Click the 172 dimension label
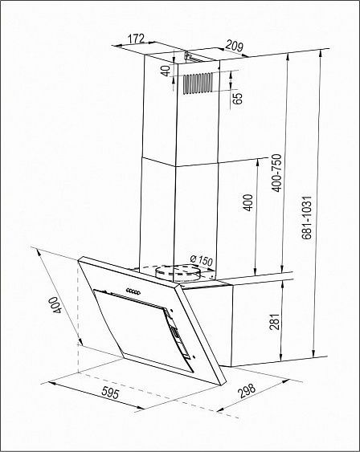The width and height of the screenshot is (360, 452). (x=136, y=39)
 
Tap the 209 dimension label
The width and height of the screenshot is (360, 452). (x=234, y=46)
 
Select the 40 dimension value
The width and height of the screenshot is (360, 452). (x=166, y=71)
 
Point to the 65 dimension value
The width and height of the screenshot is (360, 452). (x=238, y=99)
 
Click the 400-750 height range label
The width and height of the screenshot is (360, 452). (x=276, y=173)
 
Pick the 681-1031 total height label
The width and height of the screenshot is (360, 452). (x=307, y=218)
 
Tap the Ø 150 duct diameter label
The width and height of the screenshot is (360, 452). (x=201, y=261)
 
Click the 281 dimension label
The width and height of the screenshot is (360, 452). (x=274, y=322)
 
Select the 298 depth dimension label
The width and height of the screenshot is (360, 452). (x=247, y=391)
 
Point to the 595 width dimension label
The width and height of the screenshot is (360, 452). (x=110, y=393)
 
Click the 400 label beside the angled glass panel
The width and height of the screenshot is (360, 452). (x=55, y=305)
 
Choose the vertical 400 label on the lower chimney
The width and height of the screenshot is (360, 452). (x=247, y=202)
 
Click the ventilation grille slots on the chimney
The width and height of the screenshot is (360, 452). (x=198, y=83)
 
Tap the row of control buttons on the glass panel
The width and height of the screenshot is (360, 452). (x=133, y=291)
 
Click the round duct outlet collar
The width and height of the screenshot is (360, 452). (x=178, y=273)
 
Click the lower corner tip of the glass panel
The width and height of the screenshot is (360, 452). (x=222, y=385)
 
